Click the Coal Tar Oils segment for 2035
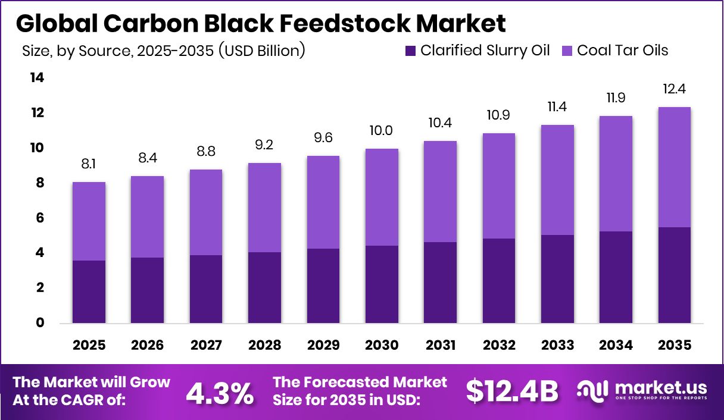674,167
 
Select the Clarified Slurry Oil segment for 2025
89,292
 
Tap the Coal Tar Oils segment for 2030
382,197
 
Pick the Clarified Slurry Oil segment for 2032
499,281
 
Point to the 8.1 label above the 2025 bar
89,164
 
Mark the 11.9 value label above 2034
616,98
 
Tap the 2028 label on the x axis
265,346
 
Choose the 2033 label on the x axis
557,346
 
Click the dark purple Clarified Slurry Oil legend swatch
410,51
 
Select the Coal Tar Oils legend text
623,51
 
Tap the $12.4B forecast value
511,391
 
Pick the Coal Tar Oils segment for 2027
206,212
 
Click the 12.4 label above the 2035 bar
674,90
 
